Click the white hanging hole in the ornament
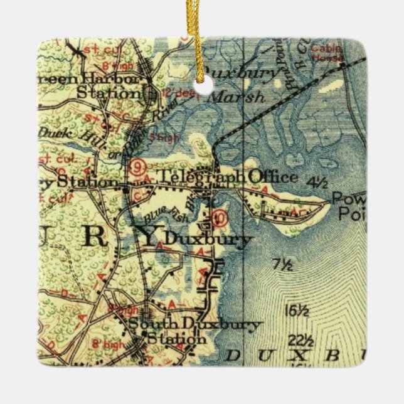[x=201, y=87]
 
